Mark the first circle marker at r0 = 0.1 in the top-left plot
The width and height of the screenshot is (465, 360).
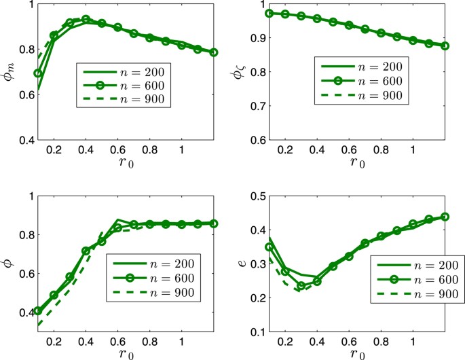click(x=38, y=73)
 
